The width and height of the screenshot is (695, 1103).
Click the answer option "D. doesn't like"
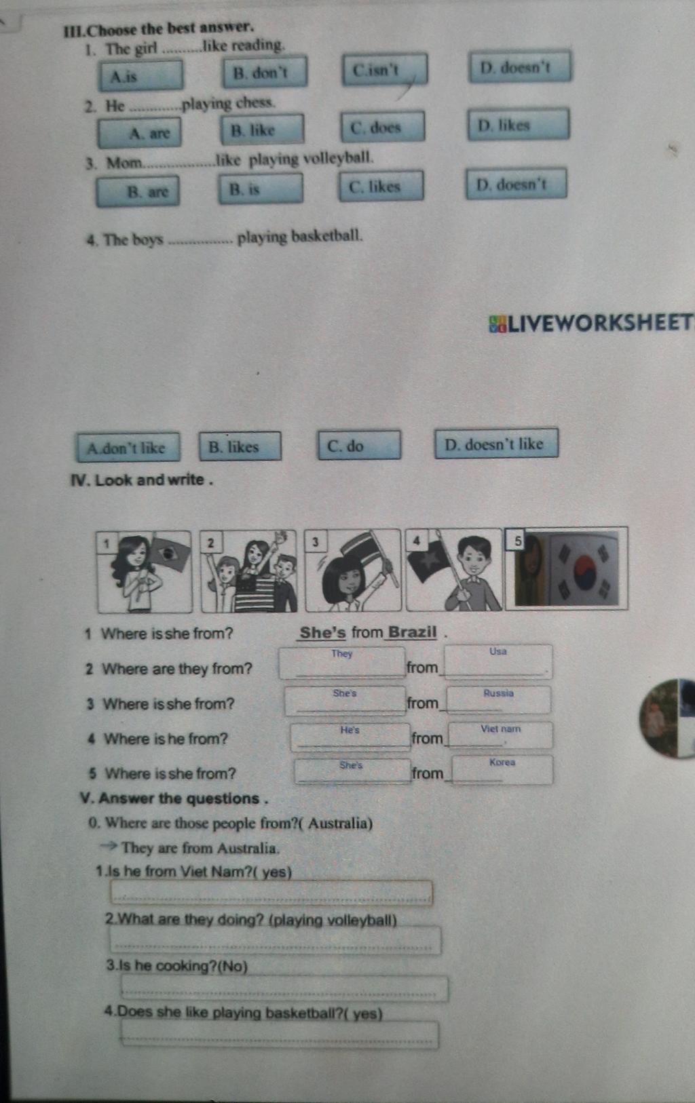click(496, 443)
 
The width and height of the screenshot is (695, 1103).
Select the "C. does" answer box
click(382, 127)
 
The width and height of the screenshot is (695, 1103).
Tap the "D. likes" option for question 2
click(519, 124)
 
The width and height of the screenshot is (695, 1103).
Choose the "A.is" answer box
click(141, 75)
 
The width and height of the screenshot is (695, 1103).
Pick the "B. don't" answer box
click(265, 72)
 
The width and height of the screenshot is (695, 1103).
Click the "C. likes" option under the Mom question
click(381, 186)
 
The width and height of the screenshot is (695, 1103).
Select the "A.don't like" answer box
click(128, 447)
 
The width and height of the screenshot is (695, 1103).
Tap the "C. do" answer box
click(359, 445)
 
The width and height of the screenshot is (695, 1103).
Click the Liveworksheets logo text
click(592, 323)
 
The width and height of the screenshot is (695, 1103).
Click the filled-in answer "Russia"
click(498, 693)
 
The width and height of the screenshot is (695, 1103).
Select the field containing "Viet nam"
click(500, 735)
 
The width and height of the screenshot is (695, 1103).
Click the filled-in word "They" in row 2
click(342, 653)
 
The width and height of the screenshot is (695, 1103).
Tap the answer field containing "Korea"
click(502, 770)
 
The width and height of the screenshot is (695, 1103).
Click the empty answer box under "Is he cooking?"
click(284, 988)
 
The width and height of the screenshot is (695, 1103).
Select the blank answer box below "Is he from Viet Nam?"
click(271, 893)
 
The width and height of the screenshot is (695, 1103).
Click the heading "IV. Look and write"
click(142, 480)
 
